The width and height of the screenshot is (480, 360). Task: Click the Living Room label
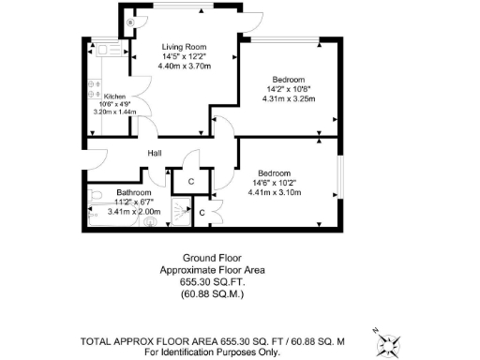(184, 47)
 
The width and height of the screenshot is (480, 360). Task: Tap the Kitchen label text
(114, 96)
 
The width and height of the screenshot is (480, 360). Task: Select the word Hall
(156, 154)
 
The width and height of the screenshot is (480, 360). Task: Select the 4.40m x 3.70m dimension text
(183, 66)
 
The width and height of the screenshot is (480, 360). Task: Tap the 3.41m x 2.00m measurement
(136, 212)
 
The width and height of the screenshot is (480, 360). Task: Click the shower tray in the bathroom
(180, 213)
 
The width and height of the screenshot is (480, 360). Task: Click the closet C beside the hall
(190, 181)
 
